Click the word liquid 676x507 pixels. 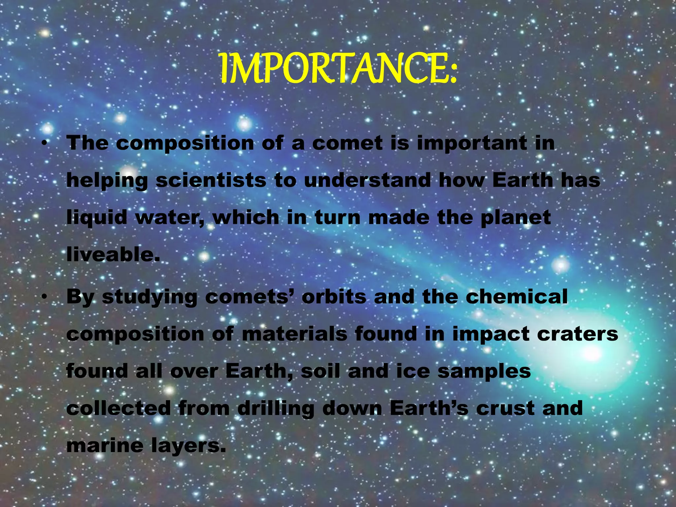tap(97, 218)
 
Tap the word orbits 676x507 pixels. tap(334, 297)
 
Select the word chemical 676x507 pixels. tap(517, 297)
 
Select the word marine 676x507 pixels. tap(105, 446)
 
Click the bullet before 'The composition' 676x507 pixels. tap(44, 144)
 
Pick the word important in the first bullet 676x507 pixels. tap(472, 144)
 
